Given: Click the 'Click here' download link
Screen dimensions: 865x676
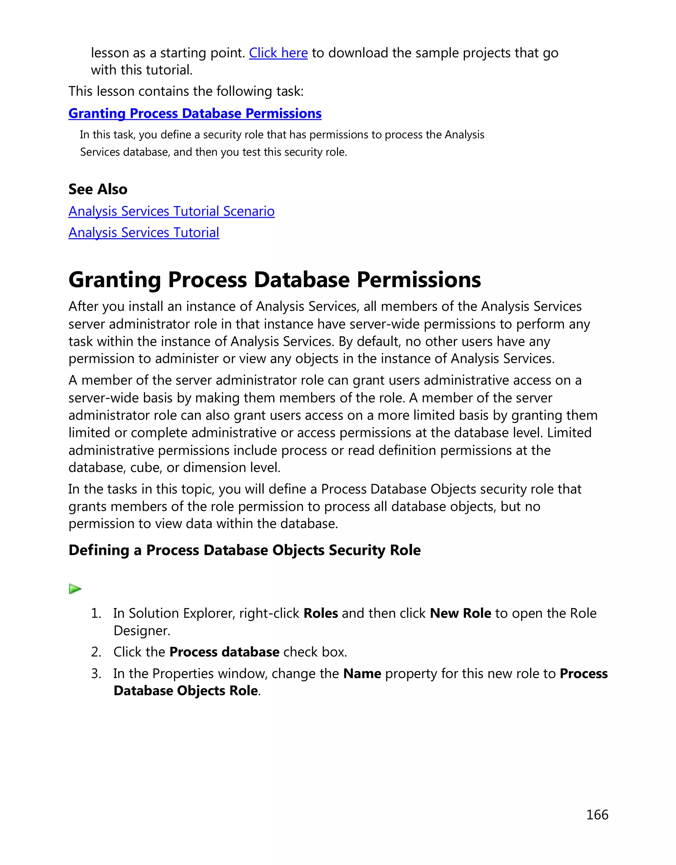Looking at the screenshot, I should click(x=278, y=53).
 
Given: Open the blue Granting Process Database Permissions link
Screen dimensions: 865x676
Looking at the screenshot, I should click(x=194, y=114).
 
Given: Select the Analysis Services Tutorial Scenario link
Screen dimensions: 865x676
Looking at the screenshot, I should click(x=171, y=212).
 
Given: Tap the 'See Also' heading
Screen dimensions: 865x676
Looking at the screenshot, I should click(x=98, y=189).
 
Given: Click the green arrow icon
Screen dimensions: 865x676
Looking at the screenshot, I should click(x=75, y=589).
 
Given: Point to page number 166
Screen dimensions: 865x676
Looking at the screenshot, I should click(x=597, y=815).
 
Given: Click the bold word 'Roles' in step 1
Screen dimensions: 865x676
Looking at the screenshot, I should click(x=321, y=614).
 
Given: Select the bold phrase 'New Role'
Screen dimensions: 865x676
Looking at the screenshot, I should click(x=460, y=614).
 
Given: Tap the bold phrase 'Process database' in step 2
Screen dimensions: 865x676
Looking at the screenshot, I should click(x=224, y=652).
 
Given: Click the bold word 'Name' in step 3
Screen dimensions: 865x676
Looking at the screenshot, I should click(x=362, y=674).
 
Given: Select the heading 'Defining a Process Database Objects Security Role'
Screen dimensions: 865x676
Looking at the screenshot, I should click(x=244, y=550).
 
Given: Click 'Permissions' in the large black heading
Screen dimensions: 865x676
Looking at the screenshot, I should click(x=419, y=280).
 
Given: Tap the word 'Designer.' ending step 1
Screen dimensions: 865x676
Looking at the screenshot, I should click(x=142, y=631).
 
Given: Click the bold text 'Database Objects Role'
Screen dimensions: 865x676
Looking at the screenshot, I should click(x=185, y=691).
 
